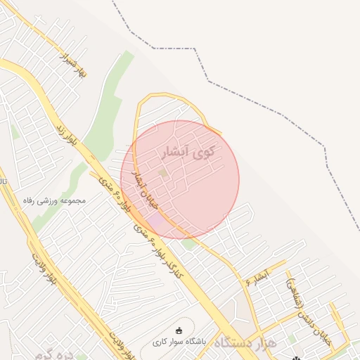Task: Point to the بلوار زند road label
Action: pos(63,129)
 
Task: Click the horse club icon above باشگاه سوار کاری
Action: pos(179,330)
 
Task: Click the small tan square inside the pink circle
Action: pos(163,172)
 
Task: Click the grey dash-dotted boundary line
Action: pos(267,105)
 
